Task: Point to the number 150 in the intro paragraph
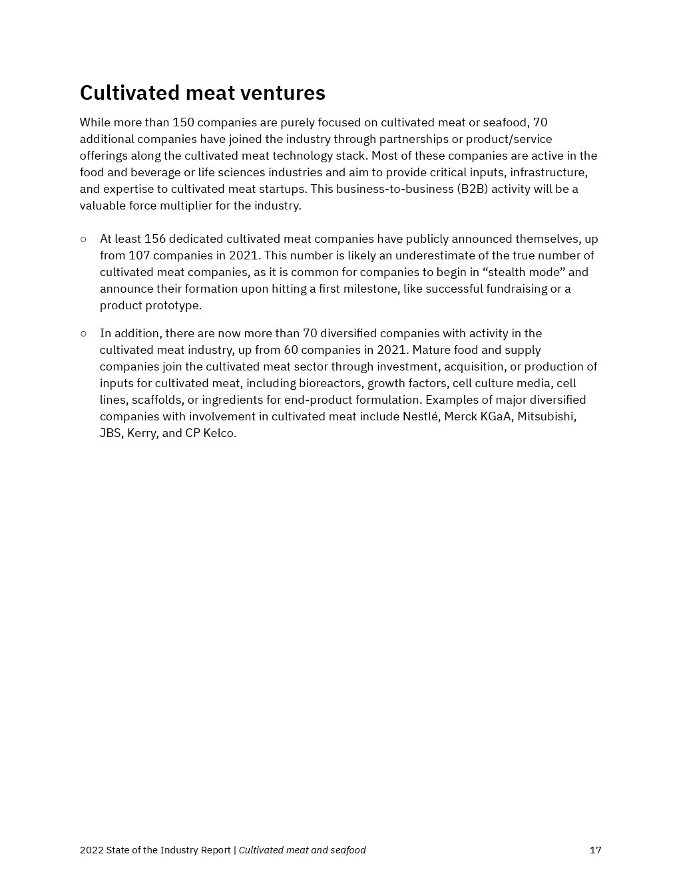pos(183,122)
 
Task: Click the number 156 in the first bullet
pos(155,239)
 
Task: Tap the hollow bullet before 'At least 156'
pos(83,239)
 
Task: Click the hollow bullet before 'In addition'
pos(83,333)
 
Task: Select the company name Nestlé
pos(420,416)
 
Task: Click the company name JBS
pos(110,433)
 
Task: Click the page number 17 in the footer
pos(595,850)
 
